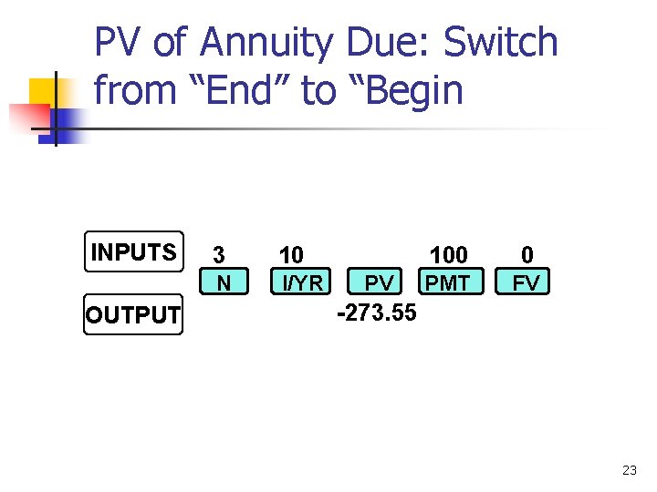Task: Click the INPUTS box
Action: point(133,252)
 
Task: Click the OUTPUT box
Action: point(133,315)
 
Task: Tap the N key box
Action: point(224,283)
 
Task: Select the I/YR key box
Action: point(302,283)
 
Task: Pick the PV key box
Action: point(379,283)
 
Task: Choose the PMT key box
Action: point(448,283)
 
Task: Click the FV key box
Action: point(526,283)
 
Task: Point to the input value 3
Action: point(219,254)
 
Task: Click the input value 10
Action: point(291,254)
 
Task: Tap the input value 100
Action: point(448,254)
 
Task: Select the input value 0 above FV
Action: point(527,254)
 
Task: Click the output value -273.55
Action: point(377,313)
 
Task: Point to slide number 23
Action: point(629,470)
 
